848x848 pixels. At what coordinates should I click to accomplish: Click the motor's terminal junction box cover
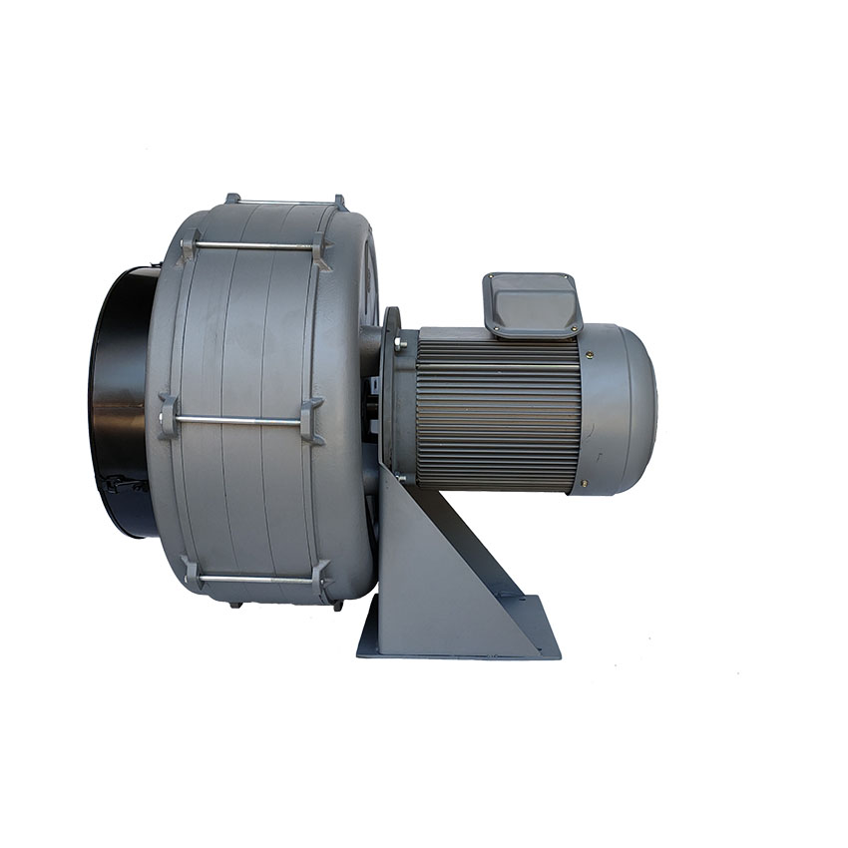click(533, 301)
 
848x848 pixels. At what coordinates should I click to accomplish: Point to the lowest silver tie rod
click(254, 578)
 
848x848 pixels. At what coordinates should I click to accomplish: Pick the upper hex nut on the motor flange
click(401, 344)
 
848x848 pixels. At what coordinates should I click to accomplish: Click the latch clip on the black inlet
click(118, 486)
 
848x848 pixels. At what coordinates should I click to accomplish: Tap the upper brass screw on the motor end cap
click(590, 354)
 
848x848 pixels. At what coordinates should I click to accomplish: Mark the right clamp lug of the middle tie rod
click(311, 420)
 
